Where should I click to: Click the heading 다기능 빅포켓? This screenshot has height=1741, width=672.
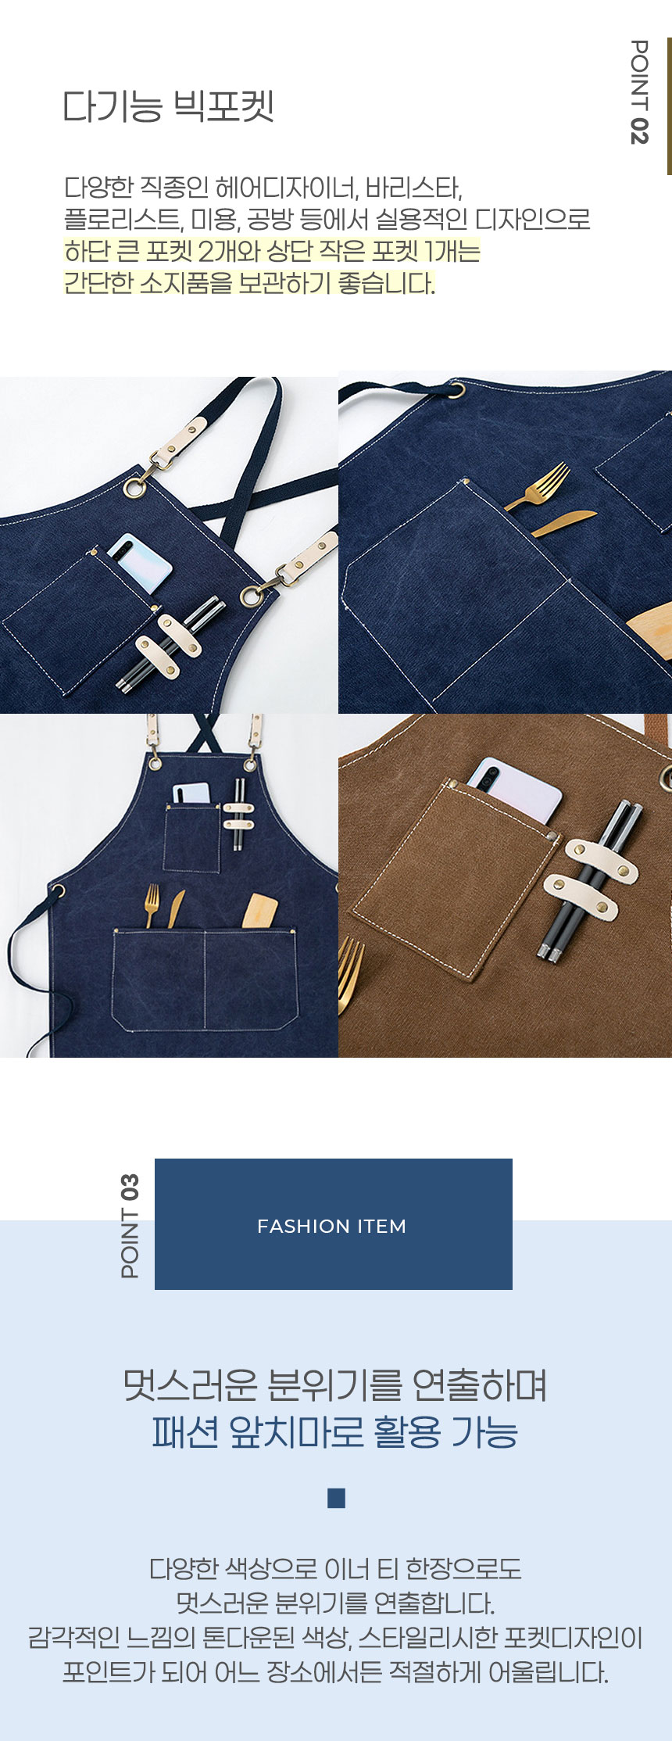[168, 106]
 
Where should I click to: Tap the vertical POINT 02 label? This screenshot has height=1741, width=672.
[638, 92]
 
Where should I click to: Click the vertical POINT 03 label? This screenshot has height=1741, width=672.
[130, 1226]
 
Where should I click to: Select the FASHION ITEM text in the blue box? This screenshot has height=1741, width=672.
[332, 1226]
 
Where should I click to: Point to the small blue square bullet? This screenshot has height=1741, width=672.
[337, 1498]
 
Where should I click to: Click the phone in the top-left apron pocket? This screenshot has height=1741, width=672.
[141, 563]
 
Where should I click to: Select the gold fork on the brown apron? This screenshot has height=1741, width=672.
[351, 973]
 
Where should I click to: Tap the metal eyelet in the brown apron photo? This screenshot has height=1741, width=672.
[666, 778]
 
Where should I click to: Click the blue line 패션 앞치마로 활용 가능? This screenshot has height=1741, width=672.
[335, 1432]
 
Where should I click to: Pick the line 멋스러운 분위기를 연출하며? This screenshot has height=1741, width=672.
[335, 1385]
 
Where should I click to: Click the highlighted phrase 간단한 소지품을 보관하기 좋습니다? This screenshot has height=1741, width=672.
[249, 283]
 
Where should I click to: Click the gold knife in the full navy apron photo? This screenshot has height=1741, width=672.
[175, 908]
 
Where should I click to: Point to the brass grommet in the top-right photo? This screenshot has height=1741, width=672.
[456, 389]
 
